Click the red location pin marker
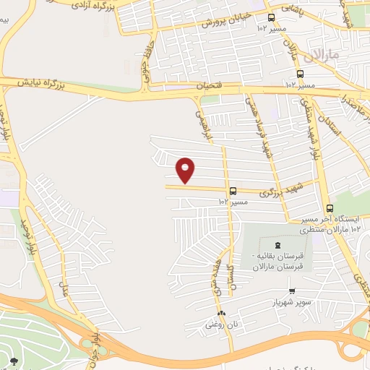(186, 169)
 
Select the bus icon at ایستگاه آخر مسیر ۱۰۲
(330, 208)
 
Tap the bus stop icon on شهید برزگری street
(233, 192)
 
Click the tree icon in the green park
(14, 360)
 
